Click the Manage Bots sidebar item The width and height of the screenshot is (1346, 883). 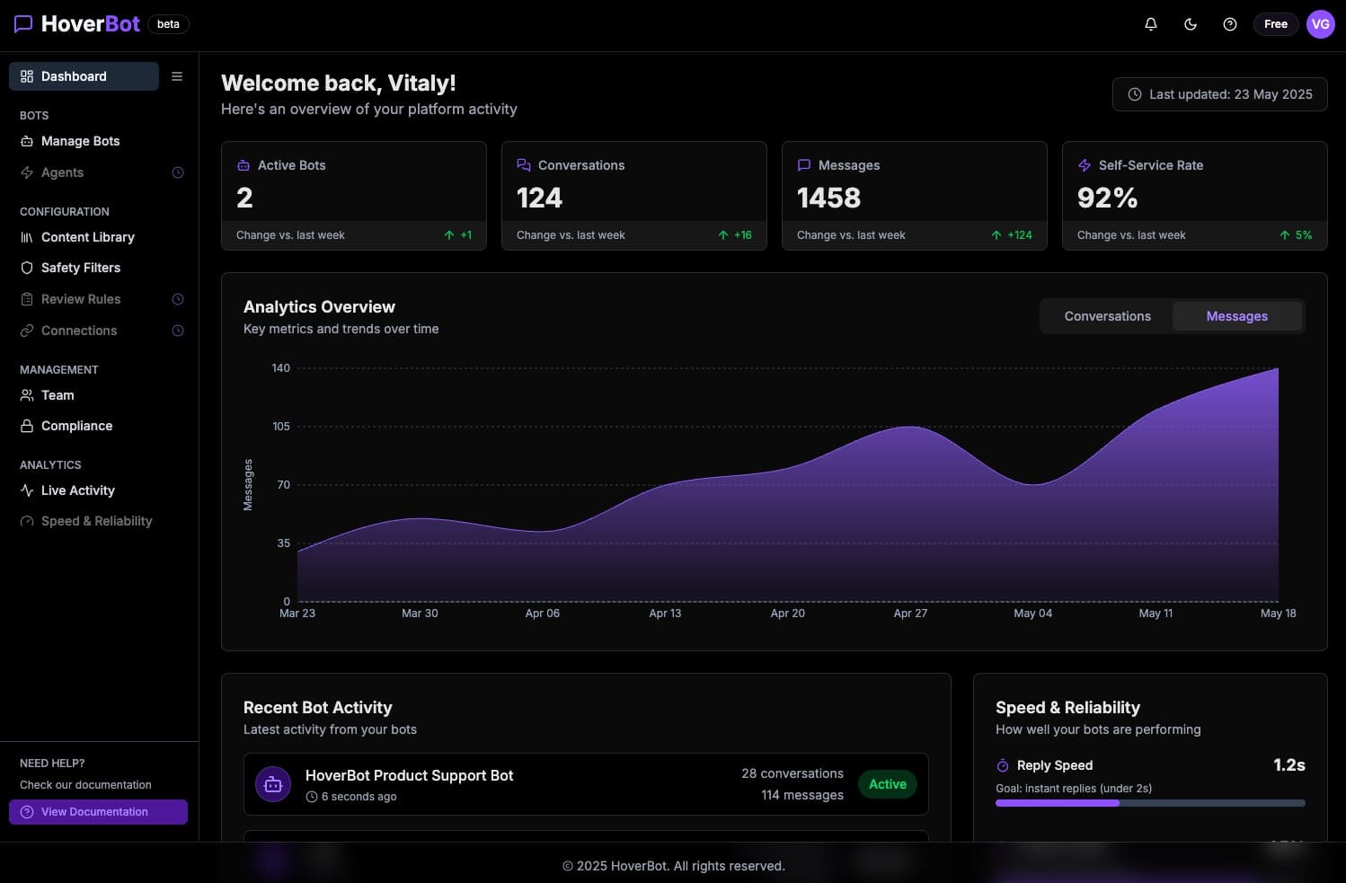click(x=80, y=141)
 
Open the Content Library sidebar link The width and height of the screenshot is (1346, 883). click(x=87, y=237)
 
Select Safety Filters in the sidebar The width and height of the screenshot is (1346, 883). click(x=80, y=268)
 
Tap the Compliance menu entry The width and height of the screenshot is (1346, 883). click(x=76, y=426)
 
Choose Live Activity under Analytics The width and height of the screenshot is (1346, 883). click(x=77, y=490)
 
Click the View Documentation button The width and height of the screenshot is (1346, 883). click(x=98, y=812)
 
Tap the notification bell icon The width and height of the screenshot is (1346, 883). click(x=1150, y=24)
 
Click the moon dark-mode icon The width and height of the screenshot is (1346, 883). click(x=1191, y=24)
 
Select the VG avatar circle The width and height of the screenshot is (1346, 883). click(x=1320, y=24)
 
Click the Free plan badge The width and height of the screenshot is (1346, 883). click(x=1275, y=24)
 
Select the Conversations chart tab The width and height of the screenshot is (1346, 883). click(x=1107, y=316)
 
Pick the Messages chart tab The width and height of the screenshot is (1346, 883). click(x=1236, y=316)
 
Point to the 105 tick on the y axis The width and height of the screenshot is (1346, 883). click(x=281, y=427)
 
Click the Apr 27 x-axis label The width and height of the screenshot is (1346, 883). click(x=910, y=614)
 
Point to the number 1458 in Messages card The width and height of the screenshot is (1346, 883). click(x=828, y=198)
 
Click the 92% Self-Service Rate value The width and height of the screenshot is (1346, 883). click(x=1107, y=198)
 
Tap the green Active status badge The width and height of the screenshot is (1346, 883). click(x=887, y=784)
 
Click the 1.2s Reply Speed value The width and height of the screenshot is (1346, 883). click(x=1288, y=765)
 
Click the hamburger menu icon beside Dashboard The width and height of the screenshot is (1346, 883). click(x=177, y=76)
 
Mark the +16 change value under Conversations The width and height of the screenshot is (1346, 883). click(x=742, y=235)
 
